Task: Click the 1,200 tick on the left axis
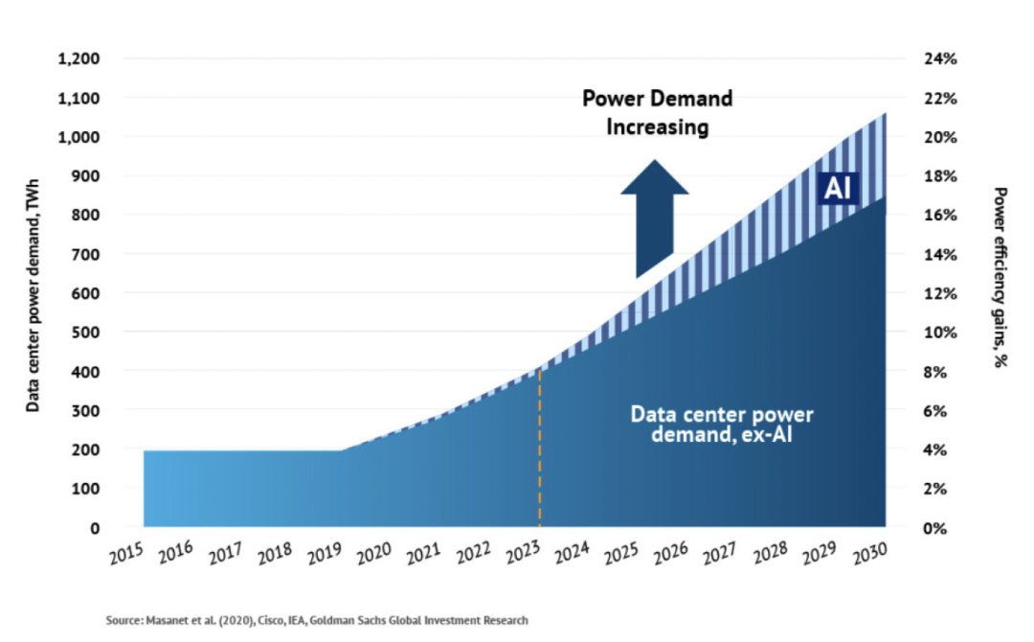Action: tap(79, 59)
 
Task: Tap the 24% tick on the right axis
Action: tap(940, 59)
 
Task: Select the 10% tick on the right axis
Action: tap(940, 332)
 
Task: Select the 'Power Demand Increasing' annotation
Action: tap(658, 112)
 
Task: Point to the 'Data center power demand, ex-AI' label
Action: tap(722, 424)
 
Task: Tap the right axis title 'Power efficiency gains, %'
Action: tap(1000, 278)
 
